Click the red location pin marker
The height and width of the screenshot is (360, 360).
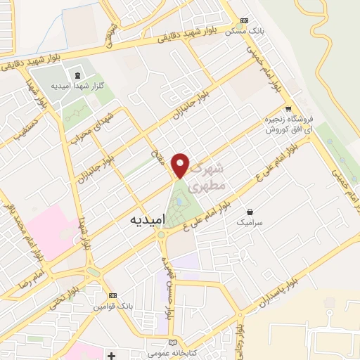181,165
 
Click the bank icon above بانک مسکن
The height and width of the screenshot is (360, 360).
244,21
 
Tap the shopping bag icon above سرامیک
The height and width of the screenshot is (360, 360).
251,211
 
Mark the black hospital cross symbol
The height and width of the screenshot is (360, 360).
111,356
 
